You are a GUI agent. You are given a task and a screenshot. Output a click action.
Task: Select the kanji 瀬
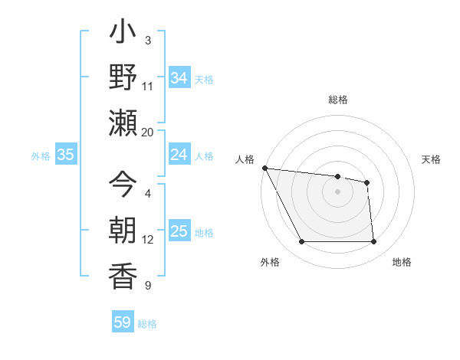click(x=123, y=123)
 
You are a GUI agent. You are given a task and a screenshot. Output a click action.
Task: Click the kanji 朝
click(x=123, y=229)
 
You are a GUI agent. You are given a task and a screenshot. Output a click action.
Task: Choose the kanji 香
click(x=123, y=273)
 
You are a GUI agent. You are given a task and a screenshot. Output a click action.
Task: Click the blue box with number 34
click(x=179, y=77)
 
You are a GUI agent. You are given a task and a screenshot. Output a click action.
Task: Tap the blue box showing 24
click(x=179, y=155)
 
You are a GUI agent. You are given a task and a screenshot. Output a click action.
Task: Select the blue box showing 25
click(x=179, y=231)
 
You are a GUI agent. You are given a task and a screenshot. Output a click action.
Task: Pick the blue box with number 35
click(x=65, y=155)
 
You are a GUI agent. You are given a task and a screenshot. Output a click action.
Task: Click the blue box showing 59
click(x=123, y=322)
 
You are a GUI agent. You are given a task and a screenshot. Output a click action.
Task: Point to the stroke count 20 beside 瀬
click(x=148, y=132)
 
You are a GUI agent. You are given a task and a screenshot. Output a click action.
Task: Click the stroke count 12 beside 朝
click(x=148, y=240)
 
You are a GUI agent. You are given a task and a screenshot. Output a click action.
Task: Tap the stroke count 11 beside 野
click(x=148, y=86)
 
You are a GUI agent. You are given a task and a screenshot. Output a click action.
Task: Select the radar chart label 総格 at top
click(x=338, y=100)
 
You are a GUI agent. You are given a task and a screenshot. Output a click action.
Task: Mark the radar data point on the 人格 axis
click(x=264, y=168)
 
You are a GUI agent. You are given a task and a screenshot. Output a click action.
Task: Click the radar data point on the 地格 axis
click(x=373, y=242)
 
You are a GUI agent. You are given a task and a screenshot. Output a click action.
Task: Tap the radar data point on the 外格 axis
click(x=301, y=242)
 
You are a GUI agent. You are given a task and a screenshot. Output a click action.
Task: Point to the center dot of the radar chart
click(x=337, y=191)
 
